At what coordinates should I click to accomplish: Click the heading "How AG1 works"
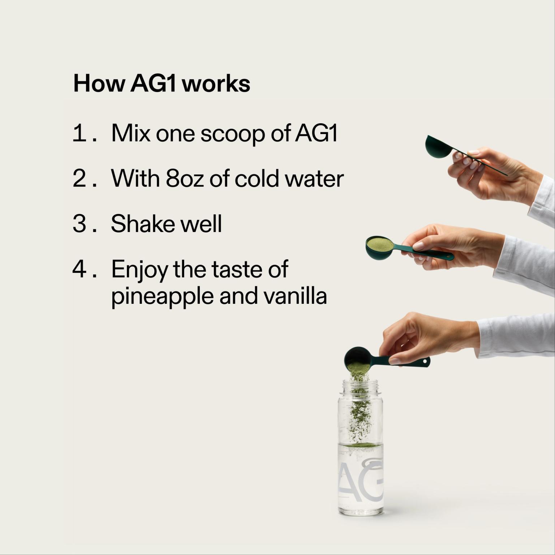(x=162, y=84)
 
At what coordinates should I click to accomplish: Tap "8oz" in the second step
(x=185, y=178)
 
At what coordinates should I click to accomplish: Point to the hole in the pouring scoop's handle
(x=425, y=361)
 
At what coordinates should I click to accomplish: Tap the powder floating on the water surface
(x=360, y=445)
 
